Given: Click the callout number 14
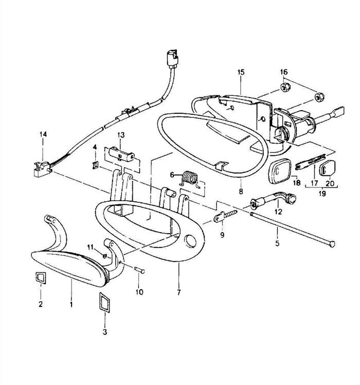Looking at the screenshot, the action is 43,134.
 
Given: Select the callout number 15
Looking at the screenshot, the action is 241,72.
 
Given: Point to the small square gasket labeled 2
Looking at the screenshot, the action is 41,278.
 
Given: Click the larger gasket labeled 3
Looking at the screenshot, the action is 104,302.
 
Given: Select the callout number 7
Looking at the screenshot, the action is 178,293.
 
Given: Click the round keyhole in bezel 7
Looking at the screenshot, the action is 191,241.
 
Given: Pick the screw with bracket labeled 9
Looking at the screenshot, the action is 225,216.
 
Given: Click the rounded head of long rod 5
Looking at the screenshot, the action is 332,244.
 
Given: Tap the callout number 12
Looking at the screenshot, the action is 278,212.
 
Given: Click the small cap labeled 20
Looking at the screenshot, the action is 328,168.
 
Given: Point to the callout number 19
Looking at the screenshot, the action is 322,193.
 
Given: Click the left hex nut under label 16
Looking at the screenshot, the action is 285,87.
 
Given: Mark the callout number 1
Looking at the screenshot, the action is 71,305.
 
